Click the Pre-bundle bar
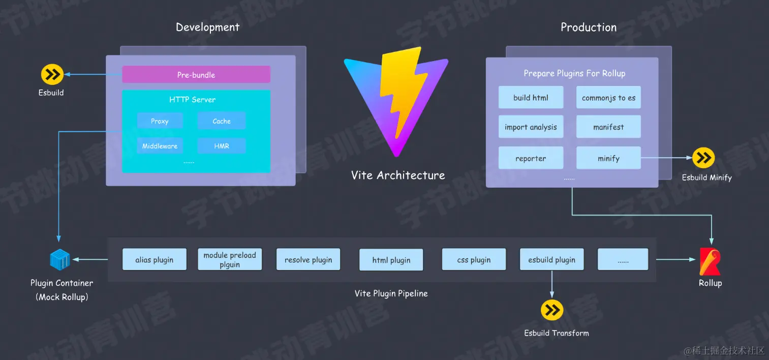click(x=196, y=74)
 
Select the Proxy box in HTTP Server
click(x=160, y=121)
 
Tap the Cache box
click(x=222, y=121)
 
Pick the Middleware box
click(x=160, y=146)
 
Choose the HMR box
click(x=222, y=146)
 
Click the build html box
click(x=531, y=98)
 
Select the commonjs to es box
click(x=608, y=98)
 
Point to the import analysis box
click(x=531, y=127)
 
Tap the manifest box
click(x=608, y=127)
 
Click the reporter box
click(x=531, y=158)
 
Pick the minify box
click(x=608, y=158)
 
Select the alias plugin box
click(x=155, y=259)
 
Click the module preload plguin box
click(x=230, y=259)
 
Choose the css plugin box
click(x=474, y=259)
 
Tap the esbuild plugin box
click(x=551, y=259)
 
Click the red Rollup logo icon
click(x=710, y=261)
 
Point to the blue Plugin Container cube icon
click(x=59, y=259)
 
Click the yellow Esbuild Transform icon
click(x=552, y=310)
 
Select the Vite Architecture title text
click(x=398, y=175)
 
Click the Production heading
click(x=589, y=27)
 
